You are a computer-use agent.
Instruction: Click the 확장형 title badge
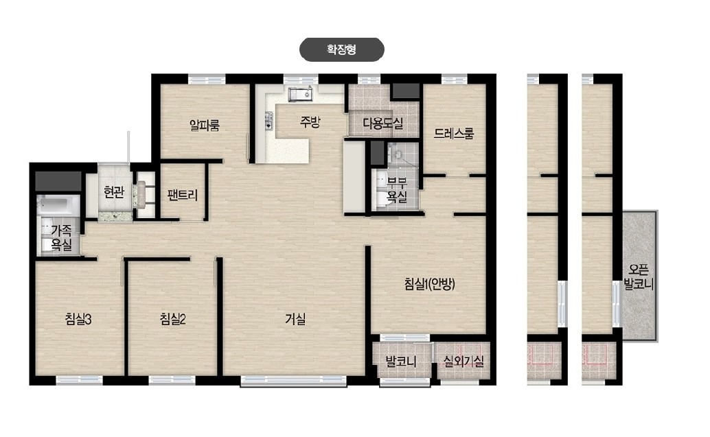pyautogui.click(x=342, y=49)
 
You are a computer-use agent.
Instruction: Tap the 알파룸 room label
pyautogui.click(x=205, y=125)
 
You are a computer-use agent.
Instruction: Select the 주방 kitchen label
pyautogui.click(x=310, y=121)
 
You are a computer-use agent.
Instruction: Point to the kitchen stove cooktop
pyautogui.click(x=269, y=121)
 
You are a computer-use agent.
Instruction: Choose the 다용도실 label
pyautogui.click(x=383, y=123)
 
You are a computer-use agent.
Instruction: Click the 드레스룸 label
pyautogui.click(x=454, y=134)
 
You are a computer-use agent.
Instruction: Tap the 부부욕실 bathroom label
pyautogui.click(x=397, y=189)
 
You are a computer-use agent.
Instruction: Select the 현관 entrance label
pyautogui.click(x=114, y=192)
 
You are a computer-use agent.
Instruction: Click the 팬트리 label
pyautogui.click(x=183, y=195)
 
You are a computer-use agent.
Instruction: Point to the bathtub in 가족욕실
pyautogui.click(x=58, y=204)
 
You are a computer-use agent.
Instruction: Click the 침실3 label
pyautogui.click(x=78, y=320)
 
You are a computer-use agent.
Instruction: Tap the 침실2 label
pyautogui.click(x=173, y=320)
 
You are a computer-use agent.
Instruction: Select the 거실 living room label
pyautogui.click(x=295, y=320)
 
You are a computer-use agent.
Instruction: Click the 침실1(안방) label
pyautogui.click(x=430, y=283)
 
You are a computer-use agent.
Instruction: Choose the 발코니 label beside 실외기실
pyautogui.click(x=401, y=362)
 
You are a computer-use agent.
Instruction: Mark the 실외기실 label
pyautogui.click(x=463, y=361)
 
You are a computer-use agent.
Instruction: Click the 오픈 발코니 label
pyautogui.click(x=639, y=277)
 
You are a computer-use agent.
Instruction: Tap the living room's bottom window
pyautogui.click(x=293, y=381)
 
